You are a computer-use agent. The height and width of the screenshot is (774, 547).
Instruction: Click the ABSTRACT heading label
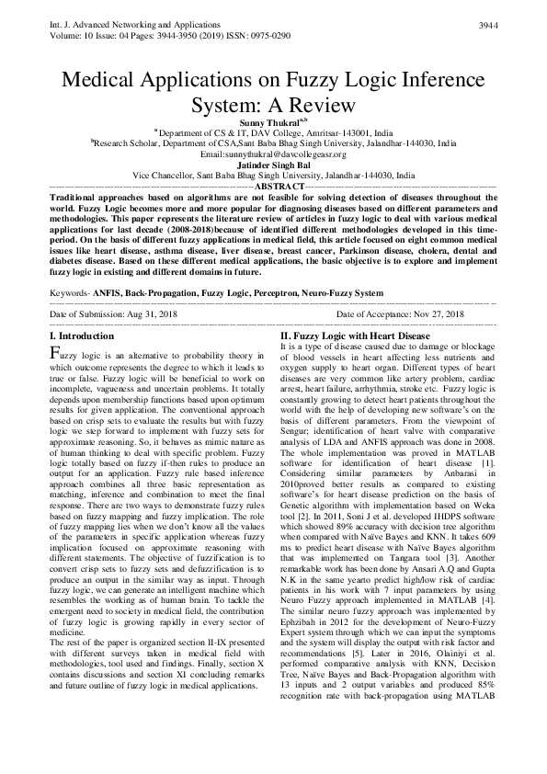273,185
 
